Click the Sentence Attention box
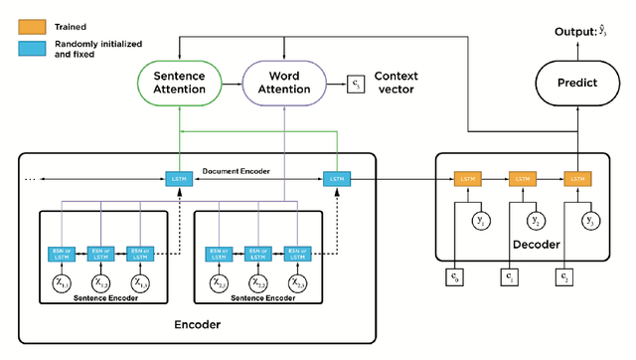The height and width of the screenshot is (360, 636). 180,83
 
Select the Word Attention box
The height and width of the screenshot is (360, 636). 284,83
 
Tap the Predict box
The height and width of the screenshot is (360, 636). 576,83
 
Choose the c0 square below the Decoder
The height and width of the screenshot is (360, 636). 453,275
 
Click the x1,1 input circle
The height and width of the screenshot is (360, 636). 63,284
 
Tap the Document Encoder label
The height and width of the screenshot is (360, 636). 242,171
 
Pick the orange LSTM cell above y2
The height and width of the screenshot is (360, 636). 522,179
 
